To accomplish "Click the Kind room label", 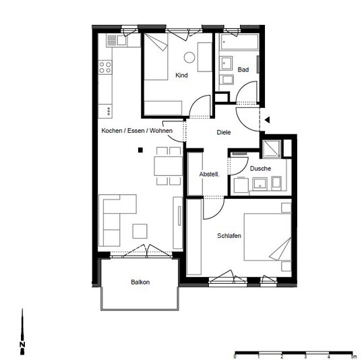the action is (x=181, y=76).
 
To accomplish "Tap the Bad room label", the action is (x=243, y=69).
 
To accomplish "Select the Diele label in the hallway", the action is (x=224, y=132).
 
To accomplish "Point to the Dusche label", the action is (x=260, y=169).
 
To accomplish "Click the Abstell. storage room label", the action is (x=209, y=174).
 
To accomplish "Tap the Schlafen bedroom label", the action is (x=229, y=235).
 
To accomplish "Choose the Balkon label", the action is (x=140, y=282).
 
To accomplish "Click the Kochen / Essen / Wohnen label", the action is (x=137, y=131).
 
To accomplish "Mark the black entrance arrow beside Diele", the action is (x=267, y=120).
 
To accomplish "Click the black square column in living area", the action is (x=140, y=150).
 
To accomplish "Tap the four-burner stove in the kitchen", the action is (x=105, y=67).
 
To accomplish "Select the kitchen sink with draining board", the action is (x=117, y=40).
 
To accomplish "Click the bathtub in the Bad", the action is (x=239, y=42).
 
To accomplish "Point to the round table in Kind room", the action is (x=189, y=57).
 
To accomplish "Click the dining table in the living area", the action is (x=168, y=166).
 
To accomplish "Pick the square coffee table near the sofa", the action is (x=140, y=231).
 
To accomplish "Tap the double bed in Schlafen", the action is (x=268, y=237).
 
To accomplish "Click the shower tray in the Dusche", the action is (x=271, y=149).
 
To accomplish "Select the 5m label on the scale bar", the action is (x=353, y=357).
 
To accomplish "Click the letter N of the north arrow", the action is (x=22, y=344).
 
